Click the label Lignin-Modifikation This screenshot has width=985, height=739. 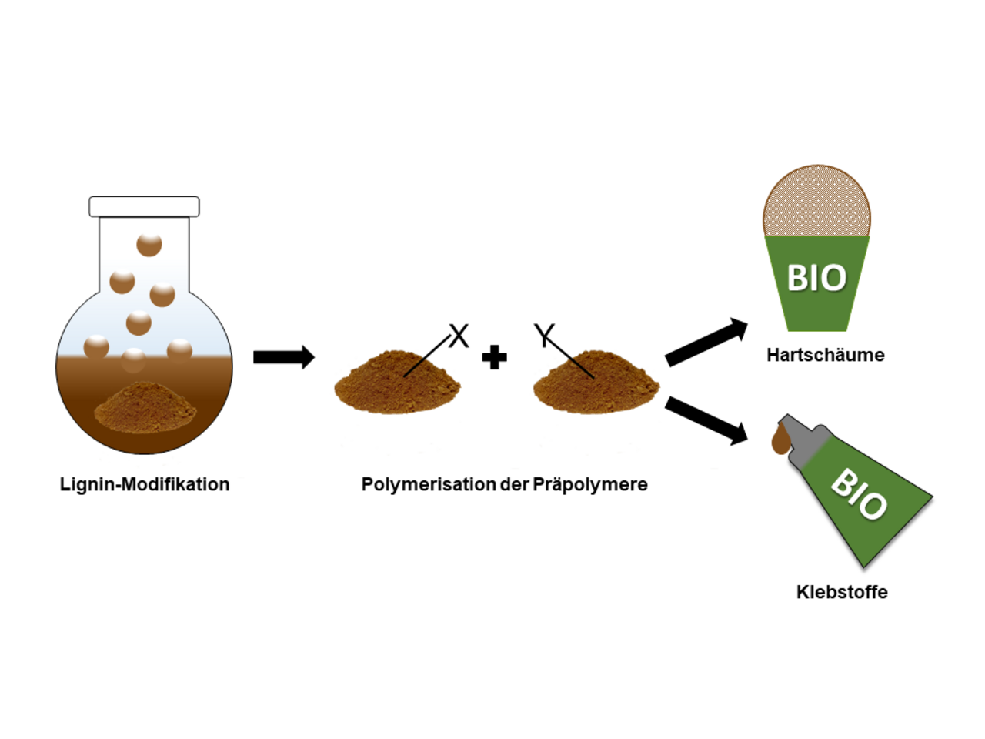tap(145, 484)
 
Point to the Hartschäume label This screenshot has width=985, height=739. tap(825, 355)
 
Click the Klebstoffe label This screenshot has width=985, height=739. tap(842, 592)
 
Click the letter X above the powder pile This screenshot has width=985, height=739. tap(459, 336)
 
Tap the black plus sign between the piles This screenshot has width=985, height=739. tap(494, 358)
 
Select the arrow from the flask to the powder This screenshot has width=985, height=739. tap(283, 357)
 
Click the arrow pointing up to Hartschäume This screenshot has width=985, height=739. tap(706, 343)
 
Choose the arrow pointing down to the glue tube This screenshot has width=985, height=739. tap(706, 420)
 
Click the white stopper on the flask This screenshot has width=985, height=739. tap(144, 206)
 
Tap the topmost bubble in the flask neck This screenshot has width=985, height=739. tap(149, 244)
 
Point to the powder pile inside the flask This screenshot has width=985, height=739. tap(145, 406)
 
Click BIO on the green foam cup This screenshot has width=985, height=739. tap(816, 278)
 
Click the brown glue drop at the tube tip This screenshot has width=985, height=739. tap(780, 442)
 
